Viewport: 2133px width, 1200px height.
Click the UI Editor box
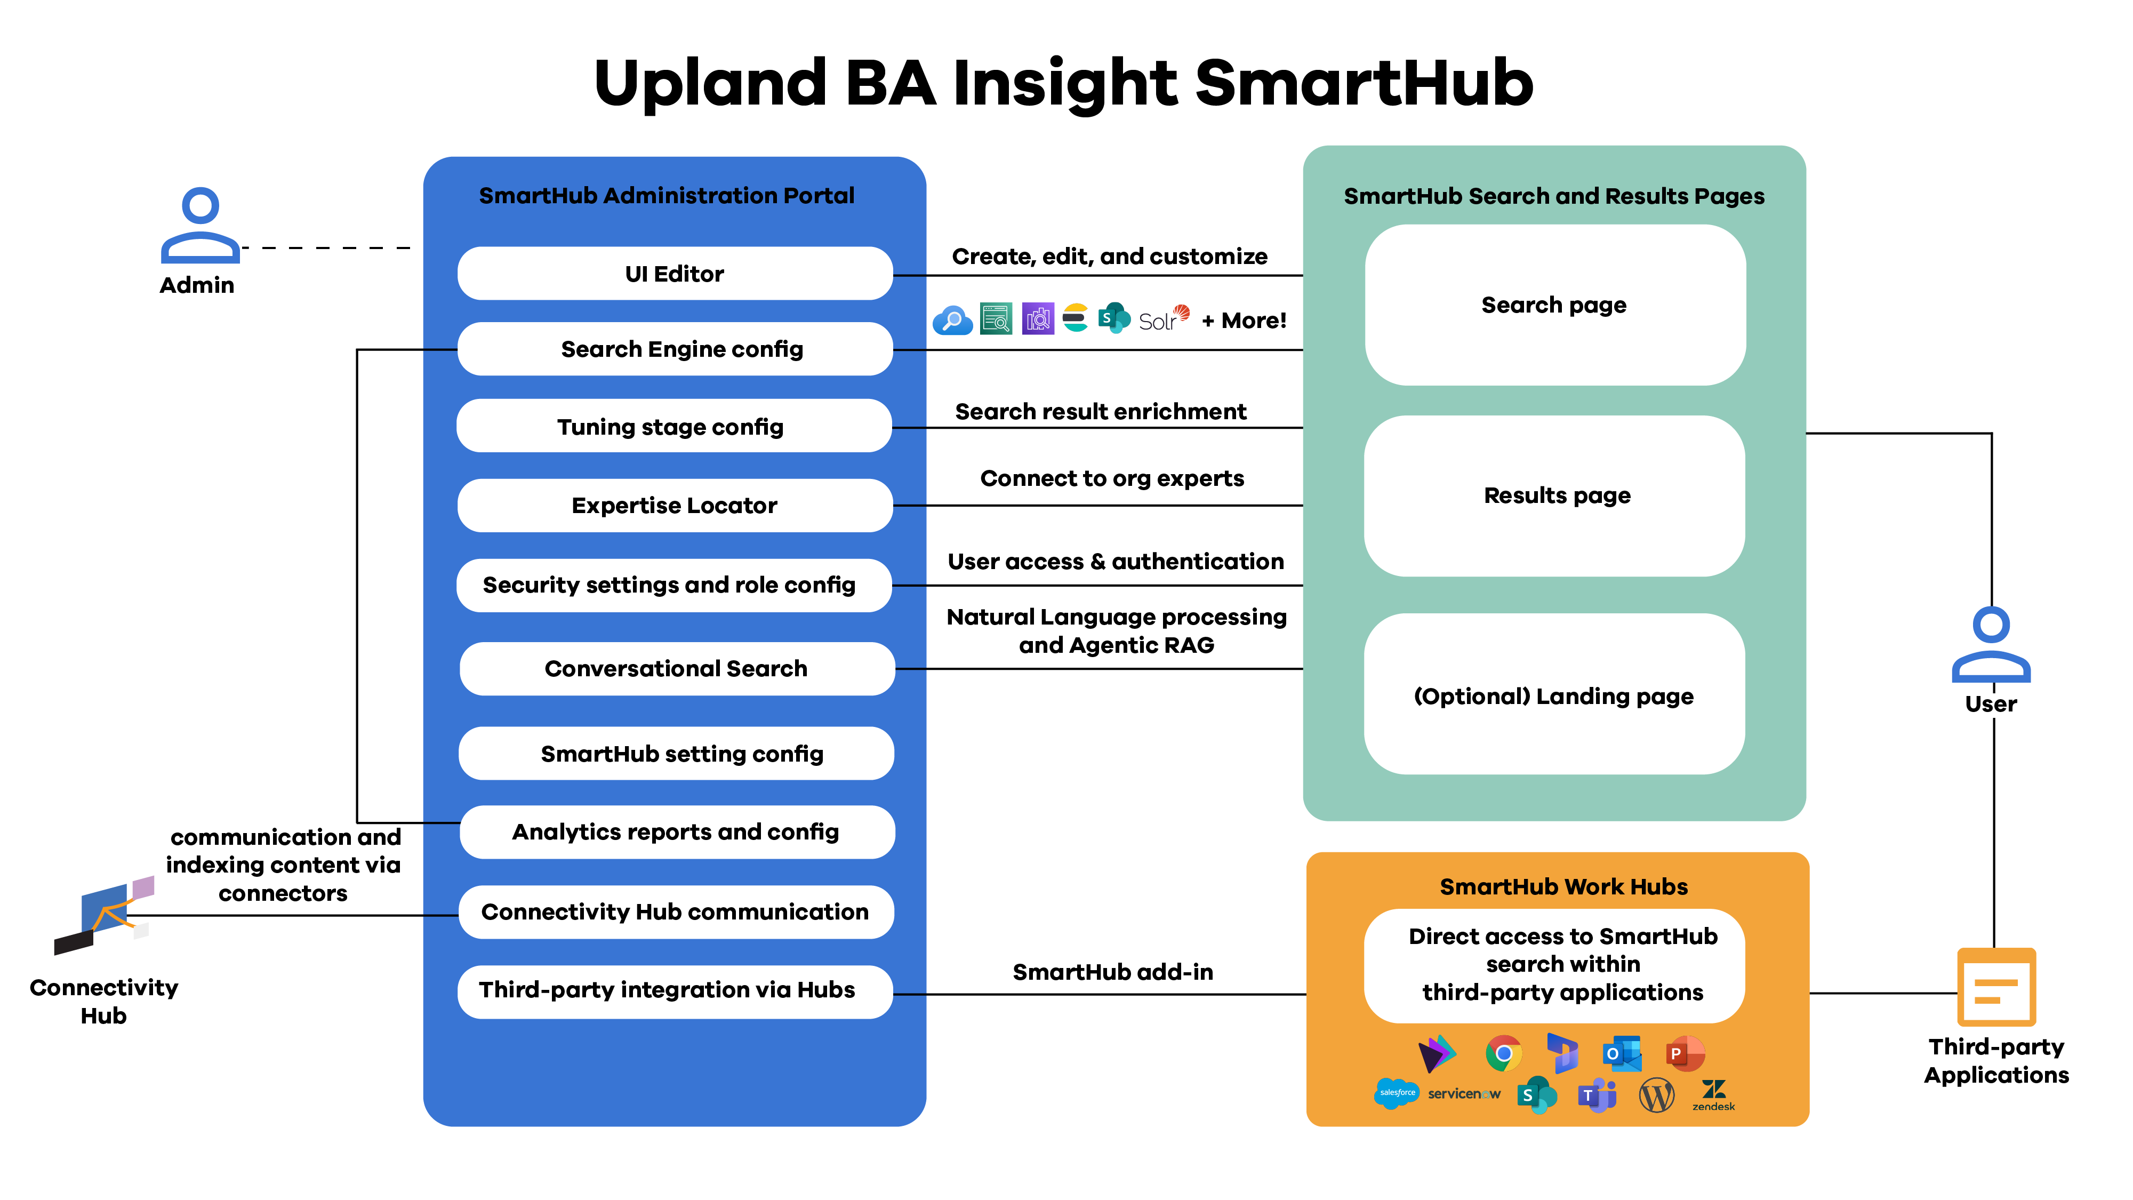[x=674, y=273]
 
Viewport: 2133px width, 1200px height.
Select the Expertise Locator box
[x=674, y=505]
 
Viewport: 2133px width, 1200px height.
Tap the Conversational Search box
[x=676, y=668]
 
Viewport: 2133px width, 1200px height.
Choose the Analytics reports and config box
[x=676, y=831]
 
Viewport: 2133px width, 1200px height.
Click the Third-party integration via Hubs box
[x=674, y=990]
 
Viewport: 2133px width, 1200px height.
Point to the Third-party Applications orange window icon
[x=1995, y=988]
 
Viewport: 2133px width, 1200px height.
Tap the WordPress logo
[x=1656, y=1095]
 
